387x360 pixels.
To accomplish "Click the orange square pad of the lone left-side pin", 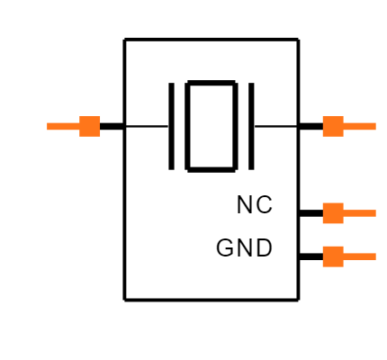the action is (90, 126).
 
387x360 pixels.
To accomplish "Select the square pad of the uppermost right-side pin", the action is (333, 126).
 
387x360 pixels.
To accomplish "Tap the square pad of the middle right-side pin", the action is (333, 213).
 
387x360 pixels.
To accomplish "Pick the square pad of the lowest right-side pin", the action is (333, 256).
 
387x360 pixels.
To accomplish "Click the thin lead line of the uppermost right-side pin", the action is (360, 126).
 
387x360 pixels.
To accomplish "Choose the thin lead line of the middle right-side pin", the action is (360, 213).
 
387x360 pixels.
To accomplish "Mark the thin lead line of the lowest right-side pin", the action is (360, 256).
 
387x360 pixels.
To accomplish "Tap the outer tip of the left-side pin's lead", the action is (48, 126).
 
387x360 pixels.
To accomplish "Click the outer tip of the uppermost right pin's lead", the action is (375, 126).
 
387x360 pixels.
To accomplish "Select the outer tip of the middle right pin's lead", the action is (375, 213).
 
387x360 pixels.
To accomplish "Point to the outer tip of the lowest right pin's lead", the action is (375, 256).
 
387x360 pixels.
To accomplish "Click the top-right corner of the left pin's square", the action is (100, 116).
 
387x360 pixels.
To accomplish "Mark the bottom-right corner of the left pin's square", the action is (100, 136).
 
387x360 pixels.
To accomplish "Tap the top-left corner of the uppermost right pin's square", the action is (323, 116).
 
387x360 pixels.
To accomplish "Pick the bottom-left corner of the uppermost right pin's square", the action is (323, 136).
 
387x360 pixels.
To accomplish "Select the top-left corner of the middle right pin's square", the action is (323, 203).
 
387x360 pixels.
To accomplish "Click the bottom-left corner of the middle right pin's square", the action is (323, 223).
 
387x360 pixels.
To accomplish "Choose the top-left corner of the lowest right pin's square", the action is (323, 247).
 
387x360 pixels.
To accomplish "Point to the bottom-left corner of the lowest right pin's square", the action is (323, 266).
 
